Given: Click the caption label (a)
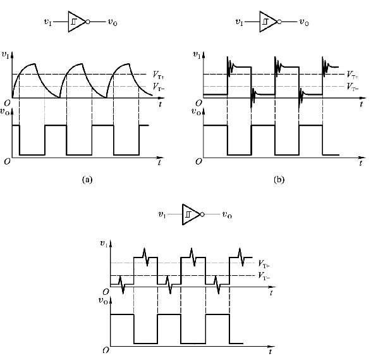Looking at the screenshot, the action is pyautogui.click(x=87, y=180).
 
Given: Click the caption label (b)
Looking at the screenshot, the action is pyautogui.click(x=279, y=180).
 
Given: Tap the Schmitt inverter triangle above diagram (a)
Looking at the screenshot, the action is pyautogui.click(x=77, y=22).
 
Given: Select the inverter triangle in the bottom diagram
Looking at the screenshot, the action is pyautogui.click(x=191, y=214).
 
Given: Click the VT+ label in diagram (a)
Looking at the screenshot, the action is pyautogui.click(x=159, y=75).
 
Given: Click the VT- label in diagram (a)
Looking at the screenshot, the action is pyautogui.click(x=159, y=87).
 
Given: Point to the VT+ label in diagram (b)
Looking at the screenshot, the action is pyautogui.click(x=353, y=75).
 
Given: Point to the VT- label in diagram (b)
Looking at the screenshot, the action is pyautogui.click(x=353, y=87).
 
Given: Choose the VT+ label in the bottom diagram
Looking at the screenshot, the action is pyautogui.click(x=264, y=264).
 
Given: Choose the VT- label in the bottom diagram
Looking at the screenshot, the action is pyautogui.click(x=264, y=276).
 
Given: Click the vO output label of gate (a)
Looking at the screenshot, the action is pyautogui.click(x=113, y=22).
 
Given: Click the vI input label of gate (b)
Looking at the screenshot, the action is pyautogui.click(x=239, y=22).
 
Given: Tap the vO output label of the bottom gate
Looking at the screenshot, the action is pyautogui.click(x=227, y=215).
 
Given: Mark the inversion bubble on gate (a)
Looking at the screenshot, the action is pyautogui.click(x=88, y=22).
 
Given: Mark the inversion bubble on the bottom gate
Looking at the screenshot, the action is pyautogui.click(x=202, y=214).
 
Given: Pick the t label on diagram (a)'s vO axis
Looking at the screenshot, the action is pyautogui.click(x=159, y=163).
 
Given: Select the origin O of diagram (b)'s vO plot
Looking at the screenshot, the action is pyautogui.click(x=198, y=161).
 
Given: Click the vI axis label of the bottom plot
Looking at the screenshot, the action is pyautogui.click(x=104, y=244).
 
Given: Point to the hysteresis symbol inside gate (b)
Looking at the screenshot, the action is pyautogui.click(x=265, y=22).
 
